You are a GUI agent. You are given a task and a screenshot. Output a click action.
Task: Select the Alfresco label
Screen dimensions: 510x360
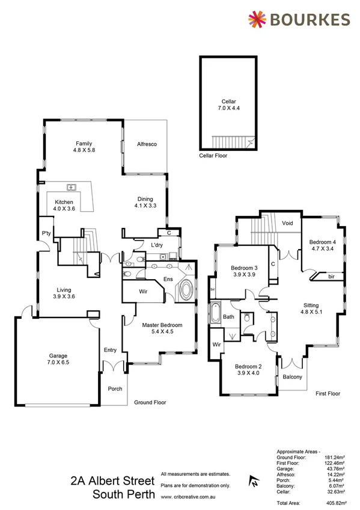(x=147, y=144)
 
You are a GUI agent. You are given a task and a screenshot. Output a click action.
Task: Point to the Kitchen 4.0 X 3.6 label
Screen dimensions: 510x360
(x=64, y=206)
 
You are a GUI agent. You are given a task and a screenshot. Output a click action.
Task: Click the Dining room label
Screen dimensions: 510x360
(x=145, y=203)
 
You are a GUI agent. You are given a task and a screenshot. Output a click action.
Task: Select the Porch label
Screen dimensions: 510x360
(x=115, y=389)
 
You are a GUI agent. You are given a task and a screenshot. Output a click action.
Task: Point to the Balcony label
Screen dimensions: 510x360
(x=292, y=377)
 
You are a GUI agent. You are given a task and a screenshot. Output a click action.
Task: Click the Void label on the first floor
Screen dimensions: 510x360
(x=287, y=223)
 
